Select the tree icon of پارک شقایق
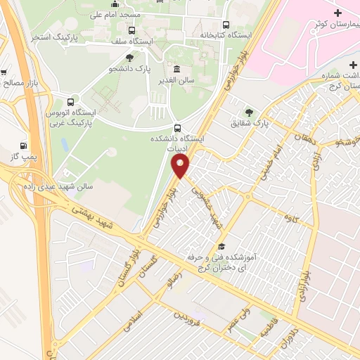(x=248, y=112)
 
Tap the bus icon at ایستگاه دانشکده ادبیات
(x=176, y=129)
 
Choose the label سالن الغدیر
(x=176, y=80)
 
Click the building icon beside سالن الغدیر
(x=176, y=69)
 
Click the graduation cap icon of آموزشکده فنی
(x=222, y=246)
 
